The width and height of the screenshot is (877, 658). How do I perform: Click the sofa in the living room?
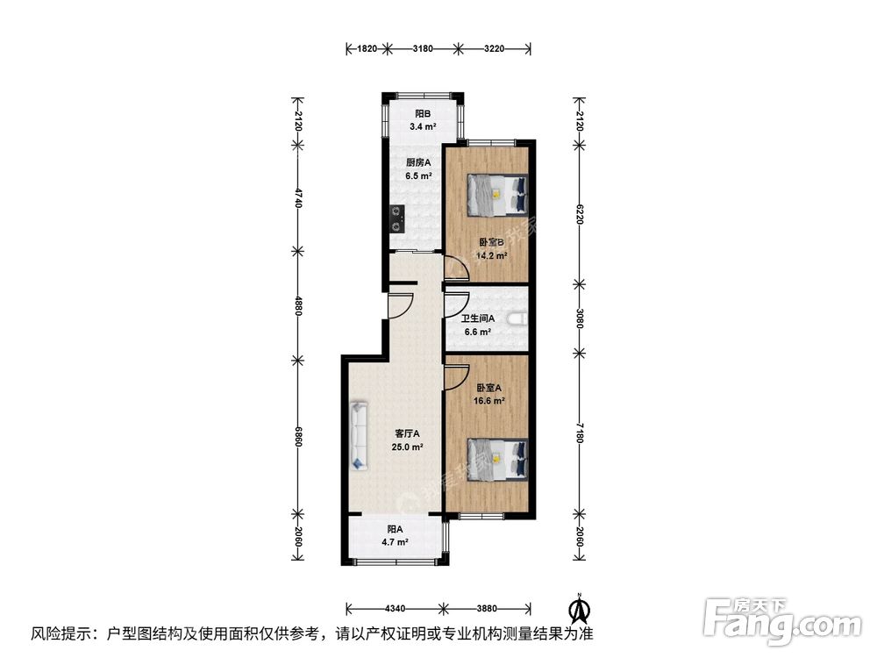point(358,435)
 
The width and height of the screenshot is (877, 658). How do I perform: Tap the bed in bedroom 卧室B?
point(496,194)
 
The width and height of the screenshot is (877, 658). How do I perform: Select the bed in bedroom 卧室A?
point(496,460)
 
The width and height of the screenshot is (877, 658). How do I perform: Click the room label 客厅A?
point(407,433)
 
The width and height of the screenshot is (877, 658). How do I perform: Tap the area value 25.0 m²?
point(407,447)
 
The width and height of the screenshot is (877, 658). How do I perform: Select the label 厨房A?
point(417,162)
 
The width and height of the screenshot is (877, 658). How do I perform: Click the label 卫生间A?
point(478,318)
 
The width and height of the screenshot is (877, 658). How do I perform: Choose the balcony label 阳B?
point(423,114)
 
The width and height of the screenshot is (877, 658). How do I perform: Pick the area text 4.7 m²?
point(396,542)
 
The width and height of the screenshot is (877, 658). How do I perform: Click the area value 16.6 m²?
point(490,401)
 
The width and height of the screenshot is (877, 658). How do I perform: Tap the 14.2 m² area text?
point(490,256)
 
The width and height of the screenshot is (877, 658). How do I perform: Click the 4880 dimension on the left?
point(298,307)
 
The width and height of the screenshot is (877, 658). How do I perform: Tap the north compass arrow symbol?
point(580,607)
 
